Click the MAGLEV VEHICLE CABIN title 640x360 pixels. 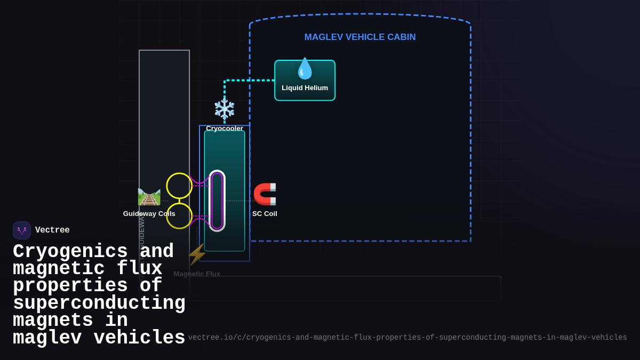360,37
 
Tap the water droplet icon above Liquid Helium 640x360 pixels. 305,69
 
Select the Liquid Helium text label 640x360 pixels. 305,88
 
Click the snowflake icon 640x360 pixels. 225,109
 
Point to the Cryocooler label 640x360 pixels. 225,128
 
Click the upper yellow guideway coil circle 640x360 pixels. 179,186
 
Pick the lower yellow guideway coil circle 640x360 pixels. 179,216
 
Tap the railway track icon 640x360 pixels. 149,197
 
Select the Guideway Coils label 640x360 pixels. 149,214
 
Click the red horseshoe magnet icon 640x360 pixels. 265,194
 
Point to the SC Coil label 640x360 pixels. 265,214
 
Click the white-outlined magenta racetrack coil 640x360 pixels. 217,201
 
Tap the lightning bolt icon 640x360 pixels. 197,254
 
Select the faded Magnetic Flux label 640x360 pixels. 197,274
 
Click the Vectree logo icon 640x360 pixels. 22,230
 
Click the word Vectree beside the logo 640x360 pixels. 52,230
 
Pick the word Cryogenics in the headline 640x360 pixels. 70,251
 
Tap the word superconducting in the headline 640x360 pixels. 99,303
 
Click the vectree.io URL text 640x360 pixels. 407,338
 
